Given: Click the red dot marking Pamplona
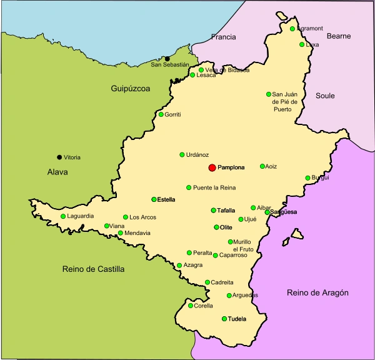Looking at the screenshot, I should click(212, 167).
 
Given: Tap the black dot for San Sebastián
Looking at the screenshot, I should click(167, 59).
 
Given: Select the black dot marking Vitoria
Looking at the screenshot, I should click(59, 157).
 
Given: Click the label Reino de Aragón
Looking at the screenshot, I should click(317, 292).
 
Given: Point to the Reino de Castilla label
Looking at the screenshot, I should click(94, 269).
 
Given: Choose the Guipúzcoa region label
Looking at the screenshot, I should click(130, 89).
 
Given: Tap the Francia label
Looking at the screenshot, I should click(223, 37).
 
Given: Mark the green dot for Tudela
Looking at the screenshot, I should click(224, 319).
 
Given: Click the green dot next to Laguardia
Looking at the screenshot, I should click(62, 216).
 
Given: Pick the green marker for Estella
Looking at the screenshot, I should click(154, 199).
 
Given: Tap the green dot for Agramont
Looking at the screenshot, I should click(292, 28).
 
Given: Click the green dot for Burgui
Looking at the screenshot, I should click(307, 178).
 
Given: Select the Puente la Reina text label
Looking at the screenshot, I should click(214, 187).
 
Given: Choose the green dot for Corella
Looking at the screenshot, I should click(191, 306).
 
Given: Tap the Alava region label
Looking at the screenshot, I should click(57, 172).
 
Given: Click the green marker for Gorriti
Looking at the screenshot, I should click(161, 114).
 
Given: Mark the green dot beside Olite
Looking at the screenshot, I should click(216, 227).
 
